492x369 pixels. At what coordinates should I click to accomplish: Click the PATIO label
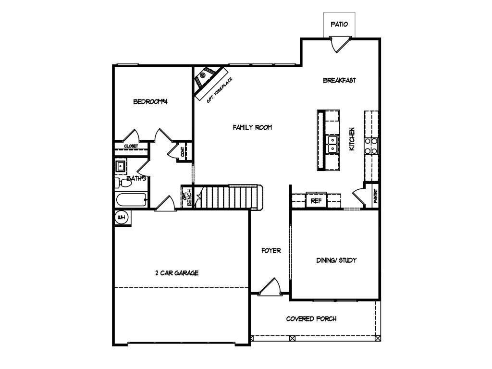339,24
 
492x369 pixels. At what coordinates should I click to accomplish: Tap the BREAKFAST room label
340,80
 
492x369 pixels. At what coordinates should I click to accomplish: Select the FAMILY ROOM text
252,127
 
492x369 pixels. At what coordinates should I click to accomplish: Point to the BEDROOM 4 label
150,102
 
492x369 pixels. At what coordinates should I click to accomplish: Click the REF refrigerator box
316,200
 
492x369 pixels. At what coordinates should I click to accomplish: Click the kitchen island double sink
332,144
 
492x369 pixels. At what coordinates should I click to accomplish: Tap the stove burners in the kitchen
371,146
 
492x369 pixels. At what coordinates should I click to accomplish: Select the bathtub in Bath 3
132,200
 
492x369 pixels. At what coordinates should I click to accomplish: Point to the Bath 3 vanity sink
121,166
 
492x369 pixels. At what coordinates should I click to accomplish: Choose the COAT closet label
183,152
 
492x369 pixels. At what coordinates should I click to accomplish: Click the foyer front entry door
270,286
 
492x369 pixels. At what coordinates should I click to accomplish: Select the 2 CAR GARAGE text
177,273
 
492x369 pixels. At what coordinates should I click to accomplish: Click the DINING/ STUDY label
336,260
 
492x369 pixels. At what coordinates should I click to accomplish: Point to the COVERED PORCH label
311,319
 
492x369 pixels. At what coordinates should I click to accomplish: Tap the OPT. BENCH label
187,197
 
